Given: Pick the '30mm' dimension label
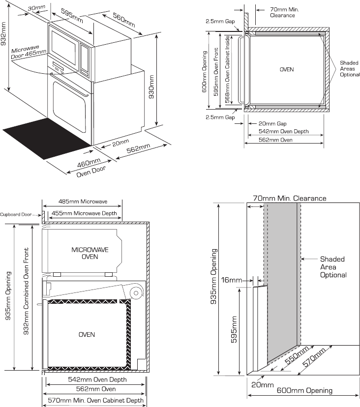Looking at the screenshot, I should click(36, 8).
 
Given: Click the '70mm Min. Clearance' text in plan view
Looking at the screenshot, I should click(285, 12).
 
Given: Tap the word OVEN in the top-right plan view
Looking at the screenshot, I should click(287, 70).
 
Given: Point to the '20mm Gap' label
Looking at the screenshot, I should click(273, 124).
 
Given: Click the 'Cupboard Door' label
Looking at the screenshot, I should click(19, 214).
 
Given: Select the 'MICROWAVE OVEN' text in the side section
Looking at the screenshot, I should click(90, 254).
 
